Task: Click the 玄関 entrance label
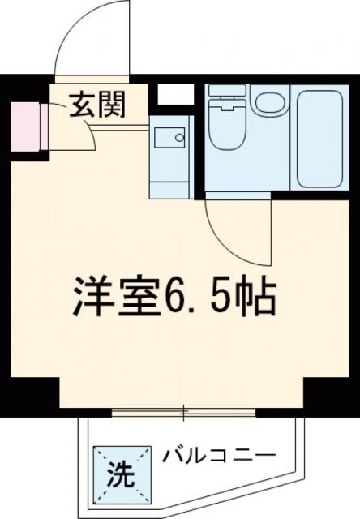[95, 105]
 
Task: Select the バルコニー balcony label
[217, 453]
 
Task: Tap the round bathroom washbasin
[267, 104]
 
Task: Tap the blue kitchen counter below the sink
[173, 179]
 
